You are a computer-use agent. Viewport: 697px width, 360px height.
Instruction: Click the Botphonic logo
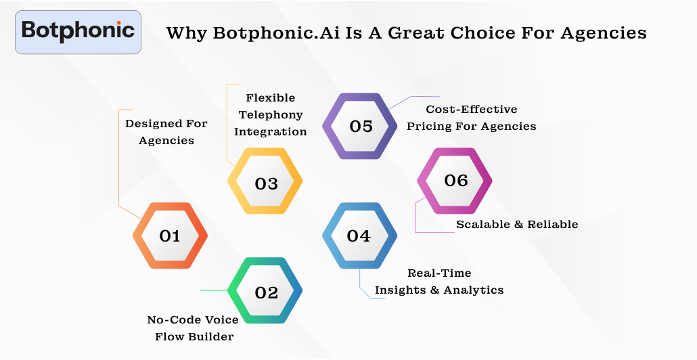pyautogui.click(x=78, y=31)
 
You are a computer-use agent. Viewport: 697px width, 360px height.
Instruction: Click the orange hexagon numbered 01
pyautogui.click(x=170, y=235)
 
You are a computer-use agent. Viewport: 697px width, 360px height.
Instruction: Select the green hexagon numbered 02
pyautogui.click(x=266, y=292)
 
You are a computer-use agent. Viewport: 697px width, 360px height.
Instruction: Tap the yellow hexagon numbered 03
pyautogui.click(x=266, y=183)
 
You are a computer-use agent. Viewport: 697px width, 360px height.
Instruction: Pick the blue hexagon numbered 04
pyautogui.click(x=359, y=235)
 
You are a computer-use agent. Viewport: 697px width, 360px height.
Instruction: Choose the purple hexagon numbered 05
pyautogui.click(x=361, y=127)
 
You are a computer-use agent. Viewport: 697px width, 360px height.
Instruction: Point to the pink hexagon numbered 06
pyautogui.click(x=455, y=180)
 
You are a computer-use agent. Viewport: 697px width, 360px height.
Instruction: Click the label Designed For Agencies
pyautogui.click(x=166, y=132)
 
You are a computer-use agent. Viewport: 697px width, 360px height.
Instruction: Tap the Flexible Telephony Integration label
pyautogui.click(x=271, y=114)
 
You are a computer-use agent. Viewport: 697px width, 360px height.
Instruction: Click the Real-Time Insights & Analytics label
pyautogui.click(x=439, y=282)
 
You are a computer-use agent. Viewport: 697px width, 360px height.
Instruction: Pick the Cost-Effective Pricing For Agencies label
pyautogui.click(x=471, y=117)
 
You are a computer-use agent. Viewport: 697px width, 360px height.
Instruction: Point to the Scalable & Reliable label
pyautogui.click(x=517, y=224)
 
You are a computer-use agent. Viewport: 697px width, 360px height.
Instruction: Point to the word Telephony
pyautogui.click(x=271, y=114)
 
